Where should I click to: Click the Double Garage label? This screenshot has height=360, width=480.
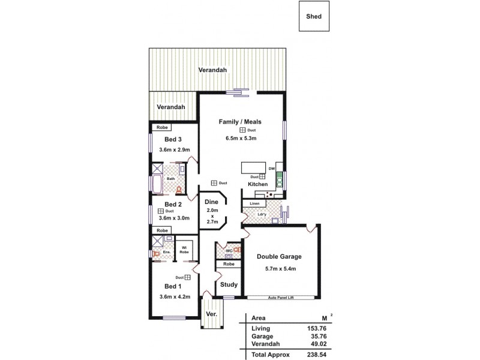(x=279, y=257)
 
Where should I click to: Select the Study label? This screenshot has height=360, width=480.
(x=229, y=284)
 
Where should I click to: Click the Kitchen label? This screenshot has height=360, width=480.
(x=258, y=185)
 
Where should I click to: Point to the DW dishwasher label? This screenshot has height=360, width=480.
(x=271, y=169)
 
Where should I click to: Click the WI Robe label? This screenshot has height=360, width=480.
(x=184, y=249)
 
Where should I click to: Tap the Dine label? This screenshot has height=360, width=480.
(x=211, y=202)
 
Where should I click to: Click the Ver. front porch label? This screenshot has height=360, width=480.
(x=211, y=314)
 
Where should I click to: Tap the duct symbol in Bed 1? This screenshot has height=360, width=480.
(x=188, y=278)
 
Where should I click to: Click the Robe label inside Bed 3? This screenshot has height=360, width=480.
(x=161, y=127)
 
